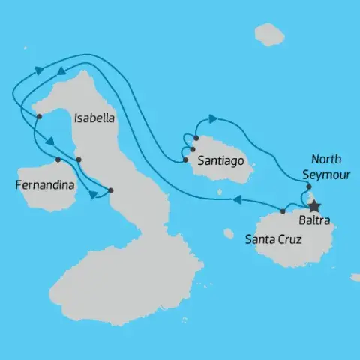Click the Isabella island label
click(x=94, y=118)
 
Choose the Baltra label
click(x=313, y=220)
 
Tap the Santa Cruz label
click(x=273, y=240)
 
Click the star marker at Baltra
click(x=315, y=205)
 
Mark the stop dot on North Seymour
click(x=309, y=187)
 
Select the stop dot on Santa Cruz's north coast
click(x=282, y=211)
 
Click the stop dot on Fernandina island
click(x=58, y=160)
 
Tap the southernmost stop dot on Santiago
click(x=184, y=159)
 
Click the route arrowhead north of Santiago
click(x=213, y=118)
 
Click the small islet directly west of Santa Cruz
click(x=229, y=233)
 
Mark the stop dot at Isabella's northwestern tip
click(x=39, y=115)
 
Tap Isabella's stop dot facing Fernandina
click(x=79, y=160)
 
